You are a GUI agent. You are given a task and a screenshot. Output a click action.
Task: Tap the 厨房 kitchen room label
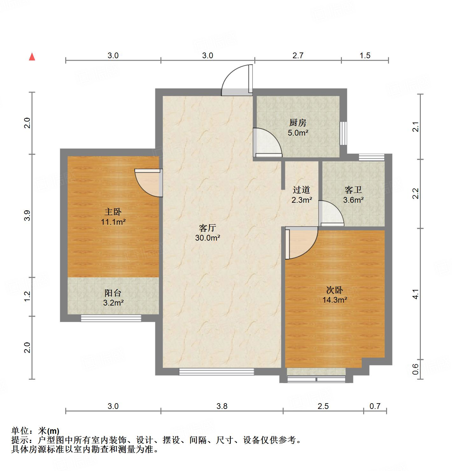point(298,122)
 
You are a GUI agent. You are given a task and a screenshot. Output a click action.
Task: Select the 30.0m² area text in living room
point(208,238)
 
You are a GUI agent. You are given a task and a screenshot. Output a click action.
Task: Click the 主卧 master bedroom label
point(113,212)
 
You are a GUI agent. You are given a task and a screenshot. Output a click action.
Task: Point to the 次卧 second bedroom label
point(335,290)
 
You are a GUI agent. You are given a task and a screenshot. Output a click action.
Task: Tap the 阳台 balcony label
point(113,292)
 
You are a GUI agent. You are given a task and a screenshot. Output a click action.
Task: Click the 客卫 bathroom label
point(353,190)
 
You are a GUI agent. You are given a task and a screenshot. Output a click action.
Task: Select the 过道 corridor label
point(301,190)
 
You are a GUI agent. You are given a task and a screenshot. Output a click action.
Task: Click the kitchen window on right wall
point(343,133)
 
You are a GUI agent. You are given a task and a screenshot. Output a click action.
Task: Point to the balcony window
point(111,318)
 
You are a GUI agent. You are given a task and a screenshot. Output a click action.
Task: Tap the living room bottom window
point(216,371)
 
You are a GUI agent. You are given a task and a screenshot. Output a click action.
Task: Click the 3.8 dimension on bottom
point(222,406)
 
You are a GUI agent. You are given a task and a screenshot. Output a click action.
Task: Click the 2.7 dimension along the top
point(298,55)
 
